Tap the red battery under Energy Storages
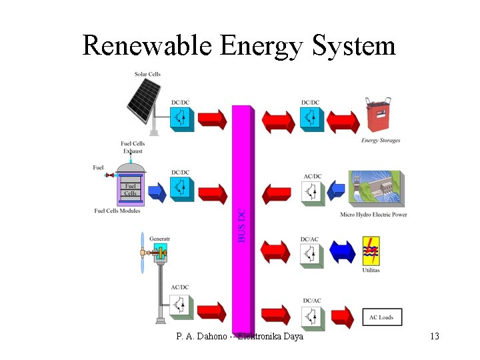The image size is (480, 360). [x=380, y=116]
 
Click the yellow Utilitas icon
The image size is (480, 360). [x=371, y=251]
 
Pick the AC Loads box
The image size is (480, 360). [x=381, y=317]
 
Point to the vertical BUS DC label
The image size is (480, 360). [x=242, y=225]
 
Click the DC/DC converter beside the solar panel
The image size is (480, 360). [x=180, y=117]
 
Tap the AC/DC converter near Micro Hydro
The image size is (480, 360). [x=312, y=192]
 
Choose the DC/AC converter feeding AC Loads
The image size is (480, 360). [x=311, y=316]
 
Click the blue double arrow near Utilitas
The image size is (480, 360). [x=343, y=253]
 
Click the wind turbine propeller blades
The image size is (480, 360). [x=142, y=253]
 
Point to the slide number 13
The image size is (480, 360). [x=434, y=336]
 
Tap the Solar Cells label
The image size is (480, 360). [x=147, y=74]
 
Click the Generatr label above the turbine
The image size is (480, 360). [x=160, y=239]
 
